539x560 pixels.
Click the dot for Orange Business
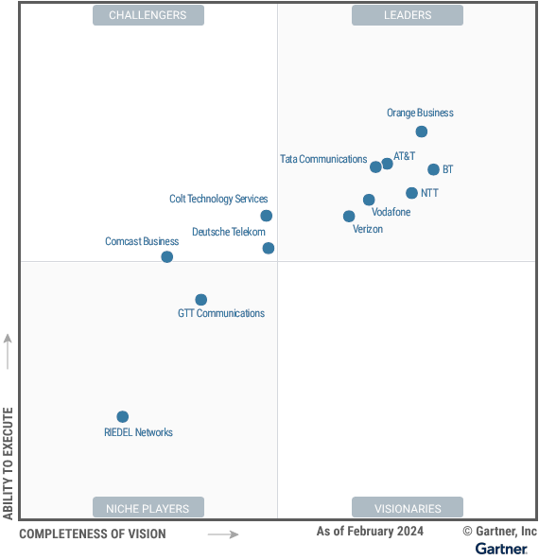(422, 131)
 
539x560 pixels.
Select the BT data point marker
(433, 170)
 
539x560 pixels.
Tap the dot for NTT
(411, 193)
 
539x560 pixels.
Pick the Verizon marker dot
(349, 217)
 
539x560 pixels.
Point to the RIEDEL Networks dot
(122, 417)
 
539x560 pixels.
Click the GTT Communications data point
(200, 300)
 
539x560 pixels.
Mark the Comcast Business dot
(167, 256)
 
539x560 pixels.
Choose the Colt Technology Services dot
(267, 216)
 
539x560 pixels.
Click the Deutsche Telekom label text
(228, 232)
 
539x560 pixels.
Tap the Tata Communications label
(323, 160)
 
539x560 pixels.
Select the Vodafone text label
(391, 212)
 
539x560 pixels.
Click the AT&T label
(405, 155)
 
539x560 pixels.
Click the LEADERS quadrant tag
(408, 15)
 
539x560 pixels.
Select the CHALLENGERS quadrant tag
(148, 15)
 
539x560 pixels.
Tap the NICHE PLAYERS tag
(148, 508)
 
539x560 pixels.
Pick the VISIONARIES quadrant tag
(408, 508)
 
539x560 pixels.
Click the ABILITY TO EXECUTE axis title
(9, 464)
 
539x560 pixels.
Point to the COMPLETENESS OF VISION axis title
(92, 534)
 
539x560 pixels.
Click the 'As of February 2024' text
(370, 532)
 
